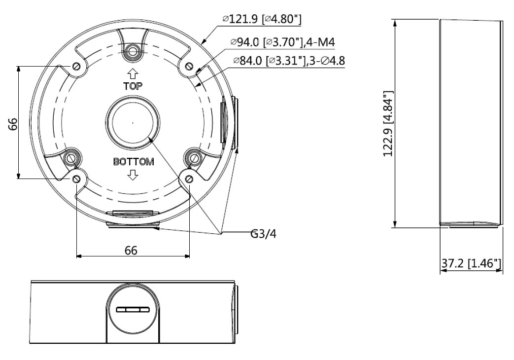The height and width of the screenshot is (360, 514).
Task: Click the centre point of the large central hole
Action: [133, 123]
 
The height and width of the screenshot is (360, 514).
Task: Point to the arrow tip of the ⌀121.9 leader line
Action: [201, 44]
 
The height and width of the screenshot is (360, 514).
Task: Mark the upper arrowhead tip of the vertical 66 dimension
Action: [19, 66]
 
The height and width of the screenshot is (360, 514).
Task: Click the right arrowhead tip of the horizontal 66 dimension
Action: [190, 255]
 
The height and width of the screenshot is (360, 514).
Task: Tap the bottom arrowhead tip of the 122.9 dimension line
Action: [396, 227]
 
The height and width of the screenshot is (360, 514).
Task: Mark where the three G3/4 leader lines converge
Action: [221, 233]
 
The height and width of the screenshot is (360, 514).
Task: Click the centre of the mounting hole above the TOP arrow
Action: [133, 51]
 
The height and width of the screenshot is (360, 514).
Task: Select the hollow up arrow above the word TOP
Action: [133, 74]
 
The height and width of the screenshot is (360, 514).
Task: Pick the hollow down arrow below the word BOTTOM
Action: [133, 175]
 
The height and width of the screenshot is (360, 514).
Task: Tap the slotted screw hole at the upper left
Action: [76, 67]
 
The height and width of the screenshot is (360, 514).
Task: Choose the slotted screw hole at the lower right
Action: [189, 179]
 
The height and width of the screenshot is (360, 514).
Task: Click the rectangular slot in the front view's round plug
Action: [133, 310]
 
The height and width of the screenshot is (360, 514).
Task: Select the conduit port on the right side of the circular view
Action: [229, 123]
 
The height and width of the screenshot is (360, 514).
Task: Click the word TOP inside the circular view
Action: [133, 86]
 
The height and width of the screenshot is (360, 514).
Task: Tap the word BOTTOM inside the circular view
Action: [134, 161]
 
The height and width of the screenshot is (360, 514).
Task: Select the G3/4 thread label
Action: [263, 234]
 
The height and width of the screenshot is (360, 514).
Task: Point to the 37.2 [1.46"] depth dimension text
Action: [471, 263]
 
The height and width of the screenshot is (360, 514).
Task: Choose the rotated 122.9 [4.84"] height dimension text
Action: [389, 123]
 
